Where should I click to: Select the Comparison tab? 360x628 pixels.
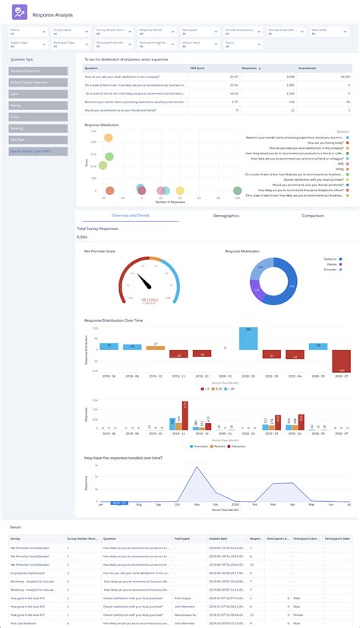pyautogui.click(x=311, y=216)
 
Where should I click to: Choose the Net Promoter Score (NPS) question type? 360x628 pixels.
pyautogui.click(x=38, y=151)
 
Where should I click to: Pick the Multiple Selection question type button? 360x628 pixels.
pyautogui.click(x=38, y=71)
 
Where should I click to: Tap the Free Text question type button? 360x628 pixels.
pyautogui.click(x=38, y=140)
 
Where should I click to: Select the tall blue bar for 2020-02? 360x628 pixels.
pyautogui.click(x=245, y=339)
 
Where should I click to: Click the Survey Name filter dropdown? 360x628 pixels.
pyautogui.click(x=72, y=32)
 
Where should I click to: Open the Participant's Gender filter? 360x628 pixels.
pyautogui.click(x=114, y=45)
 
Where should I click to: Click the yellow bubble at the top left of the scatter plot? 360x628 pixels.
pyautogui.click(x=109, y=137)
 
